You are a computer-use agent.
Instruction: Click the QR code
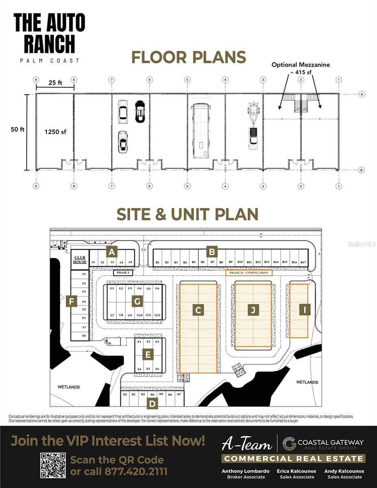coord(53,465)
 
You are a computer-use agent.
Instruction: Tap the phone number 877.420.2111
coord(136,472)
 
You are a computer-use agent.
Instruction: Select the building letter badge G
coord(138,301)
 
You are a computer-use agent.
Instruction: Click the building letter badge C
coord(198,310)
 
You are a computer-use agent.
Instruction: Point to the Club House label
coord(80,259)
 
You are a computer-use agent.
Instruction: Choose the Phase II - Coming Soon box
coord(249,273)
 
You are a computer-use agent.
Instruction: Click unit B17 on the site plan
coord(303,263)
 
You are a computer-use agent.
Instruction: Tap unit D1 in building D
coord(125,394)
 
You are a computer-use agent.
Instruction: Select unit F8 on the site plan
coord(84,336)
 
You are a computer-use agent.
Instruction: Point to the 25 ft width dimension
coord(55,83)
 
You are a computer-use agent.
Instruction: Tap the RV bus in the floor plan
coord(200,131)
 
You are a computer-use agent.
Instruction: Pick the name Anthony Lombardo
coord(245,471)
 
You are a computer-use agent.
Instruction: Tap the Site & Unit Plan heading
coord(187,214)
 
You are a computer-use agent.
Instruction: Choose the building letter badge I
coord(304,309)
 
